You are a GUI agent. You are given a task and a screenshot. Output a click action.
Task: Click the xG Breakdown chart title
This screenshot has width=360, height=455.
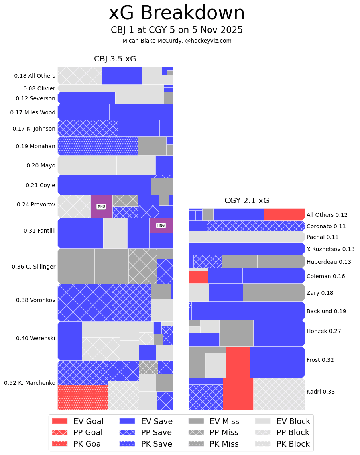tap(177, 13)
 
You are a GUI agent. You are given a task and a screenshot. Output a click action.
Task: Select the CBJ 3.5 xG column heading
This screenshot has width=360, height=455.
tap(115, 59)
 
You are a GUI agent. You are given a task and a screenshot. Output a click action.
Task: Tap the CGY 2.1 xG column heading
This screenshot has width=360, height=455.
tap(246, 201)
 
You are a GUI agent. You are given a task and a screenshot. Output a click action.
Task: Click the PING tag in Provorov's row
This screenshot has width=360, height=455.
tap(102, 206)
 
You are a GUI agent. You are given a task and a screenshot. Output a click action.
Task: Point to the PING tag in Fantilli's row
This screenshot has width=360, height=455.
tap(161, 226)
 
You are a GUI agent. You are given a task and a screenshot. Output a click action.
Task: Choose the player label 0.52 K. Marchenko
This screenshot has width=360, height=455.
tap(30, 383)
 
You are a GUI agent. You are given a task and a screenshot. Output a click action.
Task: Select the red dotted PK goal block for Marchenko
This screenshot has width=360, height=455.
tap(83, 398)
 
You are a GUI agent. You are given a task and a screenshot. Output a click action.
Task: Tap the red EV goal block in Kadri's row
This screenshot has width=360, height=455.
tap(238, 394)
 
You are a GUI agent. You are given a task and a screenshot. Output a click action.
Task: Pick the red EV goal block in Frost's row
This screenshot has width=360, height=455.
tap(238, 362)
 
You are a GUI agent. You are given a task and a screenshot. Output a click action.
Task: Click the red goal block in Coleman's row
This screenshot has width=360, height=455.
tap(198, 277)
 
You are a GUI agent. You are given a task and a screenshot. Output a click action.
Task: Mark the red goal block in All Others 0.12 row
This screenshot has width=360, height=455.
tap(284, 214)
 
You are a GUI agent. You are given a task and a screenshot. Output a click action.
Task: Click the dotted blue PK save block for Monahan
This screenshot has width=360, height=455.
tap(98, 146)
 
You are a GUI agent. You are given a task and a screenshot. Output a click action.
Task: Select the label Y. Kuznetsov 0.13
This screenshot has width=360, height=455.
tap(330, 249)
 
